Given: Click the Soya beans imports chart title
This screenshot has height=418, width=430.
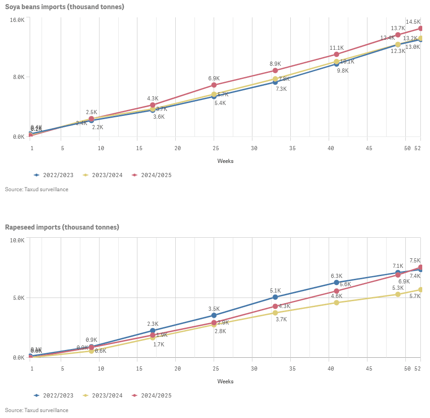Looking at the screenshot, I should (x=64, y=7).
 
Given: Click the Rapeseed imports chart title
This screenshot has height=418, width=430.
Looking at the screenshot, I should (x=62, y=227).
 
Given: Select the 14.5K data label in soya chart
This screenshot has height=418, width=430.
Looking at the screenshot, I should (x=413, y=22).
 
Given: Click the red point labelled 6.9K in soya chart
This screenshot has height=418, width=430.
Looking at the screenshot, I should (x=214, y=85).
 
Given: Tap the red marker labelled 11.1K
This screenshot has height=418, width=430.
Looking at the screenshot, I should (x=336, y=55).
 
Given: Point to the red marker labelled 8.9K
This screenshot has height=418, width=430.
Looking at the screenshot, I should (x=275, y=70).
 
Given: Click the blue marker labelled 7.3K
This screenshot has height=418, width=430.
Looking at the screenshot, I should (x=275, y=82).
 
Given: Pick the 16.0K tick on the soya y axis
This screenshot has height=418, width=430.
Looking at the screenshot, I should (x=17, y=20).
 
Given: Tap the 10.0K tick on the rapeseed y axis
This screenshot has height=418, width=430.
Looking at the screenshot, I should (x=17, y=240).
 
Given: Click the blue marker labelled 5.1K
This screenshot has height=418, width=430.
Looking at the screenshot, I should (x=275, y=297).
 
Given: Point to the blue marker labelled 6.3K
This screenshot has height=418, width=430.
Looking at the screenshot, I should (x=336, y=282).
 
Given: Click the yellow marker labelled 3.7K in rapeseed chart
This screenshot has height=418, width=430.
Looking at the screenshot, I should (x=275, y=313).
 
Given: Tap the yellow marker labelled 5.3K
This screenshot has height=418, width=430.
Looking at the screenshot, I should (x=398, y=294).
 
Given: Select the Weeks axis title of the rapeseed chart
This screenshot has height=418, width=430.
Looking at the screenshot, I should (x=225, y=381).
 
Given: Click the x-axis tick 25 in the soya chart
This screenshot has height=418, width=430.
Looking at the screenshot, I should (x=214, y=148).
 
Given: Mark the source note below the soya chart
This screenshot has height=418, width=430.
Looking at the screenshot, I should (x=37, y=189).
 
